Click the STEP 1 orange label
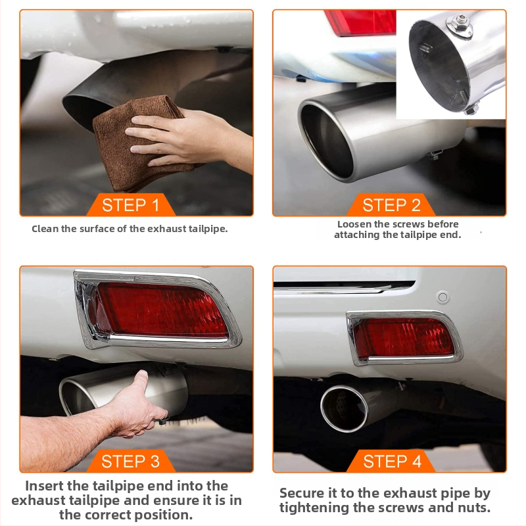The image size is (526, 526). point(131,204)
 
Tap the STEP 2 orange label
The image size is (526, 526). point(391,204)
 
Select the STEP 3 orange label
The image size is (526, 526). point(131,461)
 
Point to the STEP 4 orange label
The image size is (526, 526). point(392,461)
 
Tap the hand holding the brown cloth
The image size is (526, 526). point(188,137)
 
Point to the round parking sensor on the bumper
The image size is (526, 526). point(442,297)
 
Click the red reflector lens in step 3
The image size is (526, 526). point(161,310)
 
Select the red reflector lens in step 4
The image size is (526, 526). point(404,338)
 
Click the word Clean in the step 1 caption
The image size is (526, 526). point(45,229)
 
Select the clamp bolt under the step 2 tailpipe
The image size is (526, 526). point(435,155)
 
